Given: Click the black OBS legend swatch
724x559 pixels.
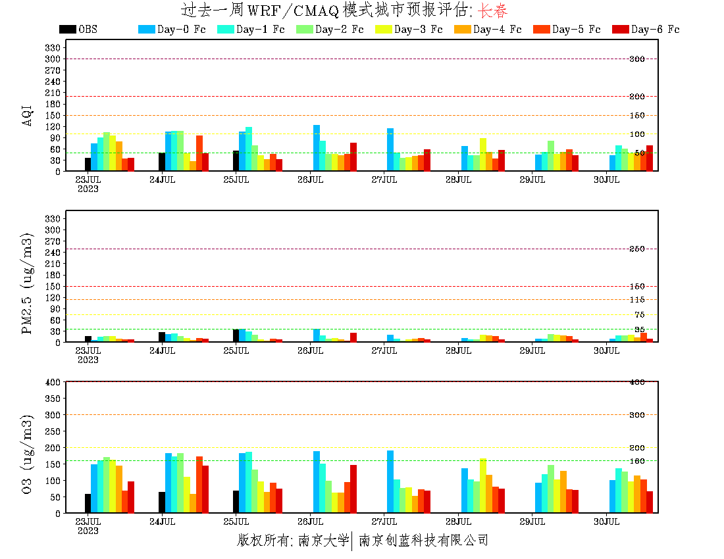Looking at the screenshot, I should (67, 30).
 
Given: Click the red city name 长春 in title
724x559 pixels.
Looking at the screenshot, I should (492, 11).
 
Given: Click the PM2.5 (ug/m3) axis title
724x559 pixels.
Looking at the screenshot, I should (28, 283).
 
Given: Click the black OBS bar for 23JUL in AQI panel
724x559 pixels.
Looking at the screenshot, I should (88, 164).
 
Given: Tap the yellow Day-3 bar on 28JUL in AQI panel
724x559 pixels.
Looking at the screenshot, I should (483, 155).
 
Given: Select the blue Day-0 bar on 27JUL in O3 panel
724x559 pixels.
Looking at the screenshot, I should (390, 482).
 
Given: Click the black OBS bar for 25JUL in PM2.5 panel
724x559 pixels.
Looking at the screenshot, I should (236, 335).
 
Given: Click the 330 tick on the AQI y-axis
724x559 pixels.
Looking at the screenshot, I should (53, 47).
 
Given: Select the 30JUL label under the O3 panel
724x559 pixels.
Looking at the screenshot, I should (607, 522).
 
